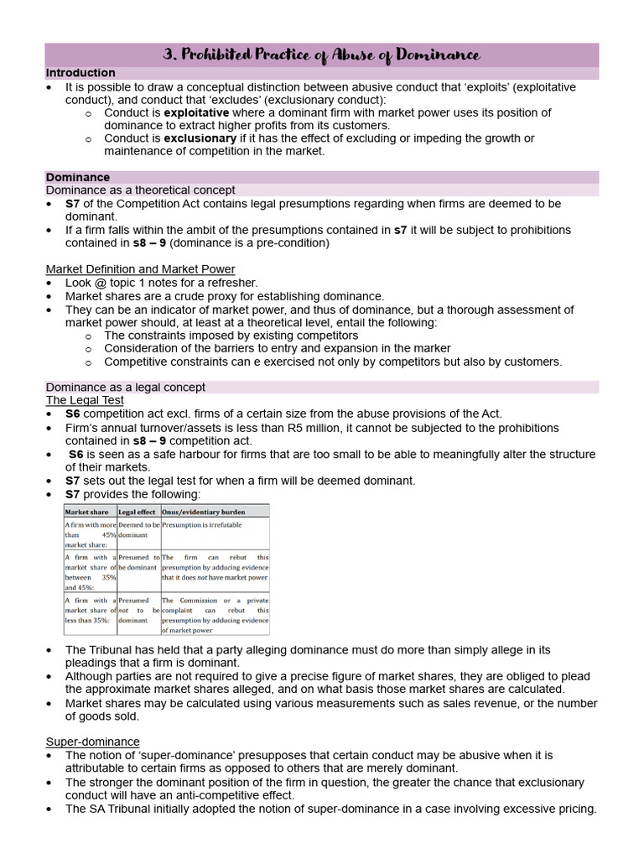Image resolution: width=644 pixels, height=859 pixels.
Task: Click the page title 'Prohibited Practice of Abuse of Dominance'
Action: (322, 55)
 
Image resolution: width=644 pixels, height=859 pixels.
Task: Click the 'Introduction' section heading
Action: (80, 73)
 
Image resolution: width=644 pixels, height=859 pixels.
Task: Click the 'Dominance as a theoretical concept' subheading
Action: (140, 190)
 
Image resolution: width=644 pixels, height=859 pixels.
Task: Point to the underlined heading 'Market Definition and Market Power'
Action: (140, 269)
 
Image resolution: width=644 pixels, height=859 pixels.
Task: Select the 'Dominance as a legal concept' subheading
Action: (125, 388)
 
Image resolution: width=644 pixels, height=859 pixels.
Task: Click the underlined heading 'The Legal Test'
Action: (85, 401)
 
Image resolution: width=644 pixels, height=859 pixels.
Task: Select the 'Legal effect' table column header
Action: (138, 511)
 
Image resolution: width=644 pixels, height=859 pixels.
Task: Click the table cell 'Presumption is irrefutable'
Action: (202, 524)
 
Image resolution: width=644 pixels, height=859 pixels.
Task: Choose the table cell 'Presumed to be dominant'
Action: (138, 562)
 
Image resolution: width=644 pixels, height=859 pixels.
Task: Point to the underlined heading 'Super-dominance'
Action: (92, 742)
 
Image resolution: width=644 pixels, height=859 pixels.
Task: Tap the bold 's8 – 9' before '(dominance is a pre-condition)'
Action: (150, 243)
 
